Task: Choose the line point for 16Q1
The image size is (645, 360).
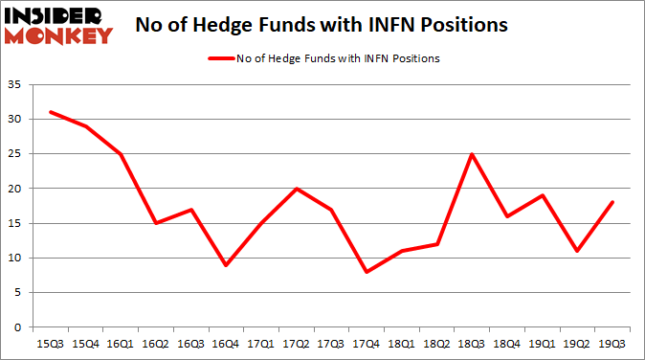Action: (122, 154)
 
